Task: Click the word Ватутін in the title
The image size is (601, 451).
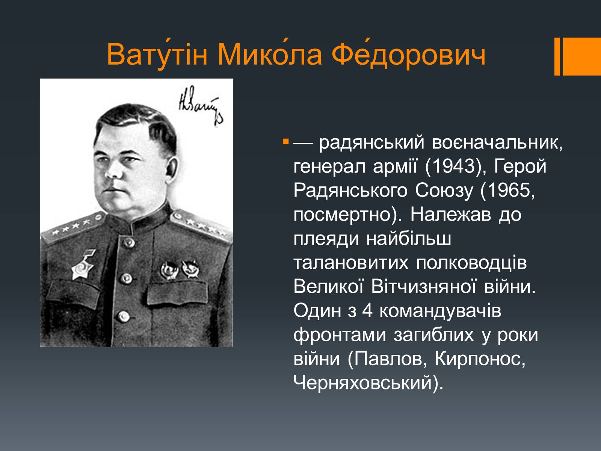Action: point(157,54)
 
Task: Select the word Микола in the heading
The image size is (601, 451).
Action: point(270,54)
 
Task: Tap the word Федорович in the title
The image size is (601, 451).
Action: point(408,54)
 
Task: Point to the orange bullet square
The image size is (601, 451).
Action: point(285,142)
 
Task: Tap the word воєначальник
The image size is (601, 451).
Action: point(497,142)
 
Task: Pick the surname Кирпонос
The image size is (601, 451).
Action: point(480,359)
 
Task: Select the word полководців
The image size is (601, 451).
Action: point(471,263)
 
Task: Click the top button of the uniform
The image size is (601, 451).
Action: point(128,243)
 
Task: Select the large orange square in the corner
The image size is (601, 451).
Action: point(582,56)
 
